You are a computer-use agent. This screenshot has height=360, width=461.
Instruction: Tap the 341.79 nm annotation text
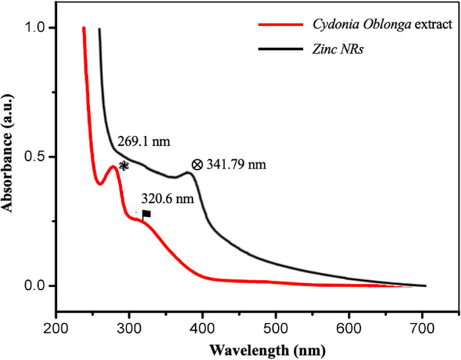click(236, 165)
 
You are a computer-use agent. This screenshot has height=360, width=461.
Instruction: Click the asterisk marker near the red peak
click(124, 166)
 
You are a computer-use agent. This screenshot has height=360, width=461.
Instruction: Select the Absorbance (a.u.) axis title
click(10, 157)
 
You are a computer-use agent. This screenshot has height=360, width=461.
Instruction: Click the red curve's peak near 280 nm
click(113, 166)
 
